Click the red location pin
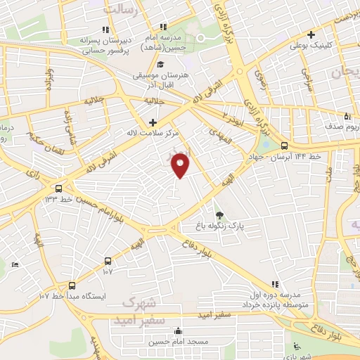pos(181,167)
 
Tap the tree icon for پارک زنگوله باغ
pos(220,215)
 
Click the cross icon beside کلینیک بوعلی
pos(310,34)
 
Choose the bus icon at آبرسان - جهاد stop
pos(285,146)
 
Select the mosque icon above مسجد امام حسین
pos(178,331)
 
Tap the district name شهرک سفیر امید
pos(146,311)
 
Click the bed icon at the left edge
pos(15,264)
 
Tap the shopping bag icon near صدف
pos(347,117)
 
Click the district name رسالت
pos(120,10)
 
